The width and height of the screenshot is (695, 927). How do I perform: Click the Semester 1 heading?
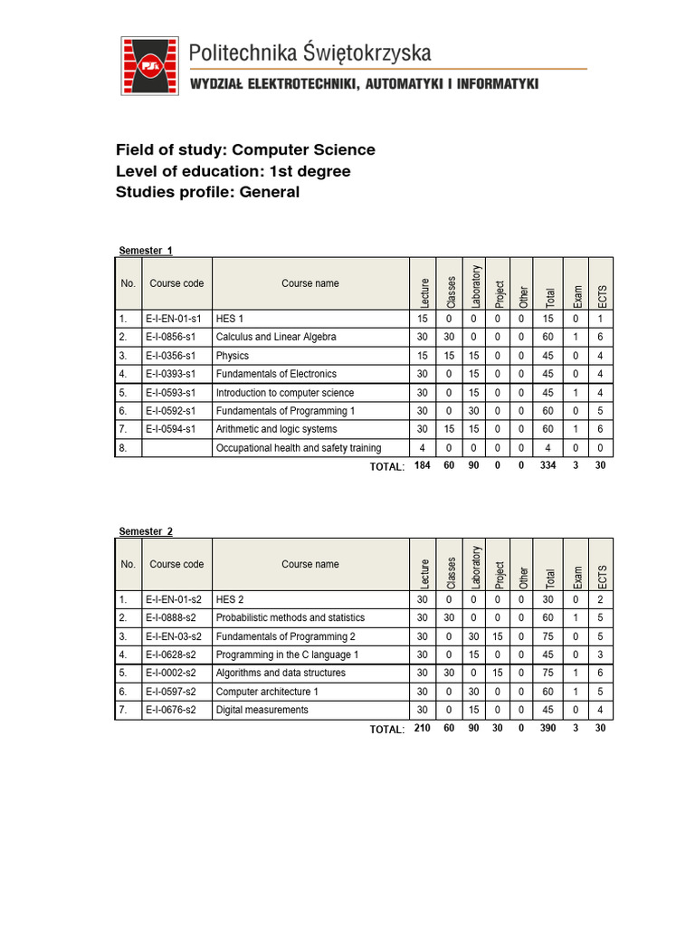click(x=146, y=251)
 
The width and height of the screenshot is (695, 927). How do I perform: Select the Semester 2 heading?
click(x=146, y=531)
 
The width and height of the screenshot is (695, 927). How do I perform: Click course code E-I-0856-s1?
click(x=176, y=337)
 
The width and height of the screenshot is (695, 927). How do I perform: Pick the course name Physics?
click(x=233, y=356)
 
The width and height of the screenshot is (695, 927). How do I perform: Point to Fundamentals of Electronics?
click(x=276, y=374)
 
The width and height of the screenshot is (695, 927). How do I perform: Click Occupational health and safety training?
click(x=299, y=448)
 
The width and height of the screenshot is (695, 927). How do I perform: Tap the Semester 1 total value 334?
click(x=547, y=466)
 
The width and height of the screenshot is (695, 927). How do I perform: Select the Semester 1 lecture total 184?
click(x=421, y=466)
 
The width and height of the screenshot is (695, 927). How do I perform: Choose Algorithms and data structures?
click(x=281, y=674)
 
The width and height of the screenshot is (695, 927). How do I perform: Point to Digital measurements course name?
click(x=262, y=710)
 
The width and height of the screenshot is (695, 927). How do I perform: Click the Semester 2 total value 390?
click(x=547, y=729)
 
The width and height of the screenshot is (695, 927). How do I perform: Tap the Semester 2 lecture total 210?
click(x=421, y=729)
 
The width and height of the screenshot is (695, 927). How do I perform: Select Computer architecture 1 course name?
click(x=267, y=692)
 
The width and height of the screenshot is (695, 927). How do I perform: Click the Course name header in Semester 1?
click(x=310, y=283)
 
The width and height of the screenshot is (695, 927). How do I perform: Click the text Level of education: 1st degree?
click(x=233, y=171)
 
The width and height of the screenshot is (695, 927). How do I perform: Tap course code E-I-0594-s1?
click(x=176, y=429)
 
